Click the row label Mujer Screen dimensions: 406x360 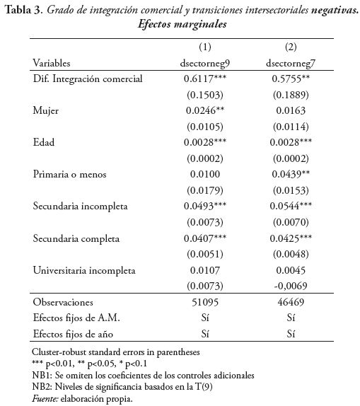45,110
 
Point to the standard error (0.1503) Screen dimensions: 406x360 204,95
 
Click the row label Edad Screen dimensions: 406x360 45,142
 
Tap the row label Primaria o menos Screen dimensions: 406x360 66,174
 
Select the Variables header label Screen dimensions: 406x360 51,63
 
